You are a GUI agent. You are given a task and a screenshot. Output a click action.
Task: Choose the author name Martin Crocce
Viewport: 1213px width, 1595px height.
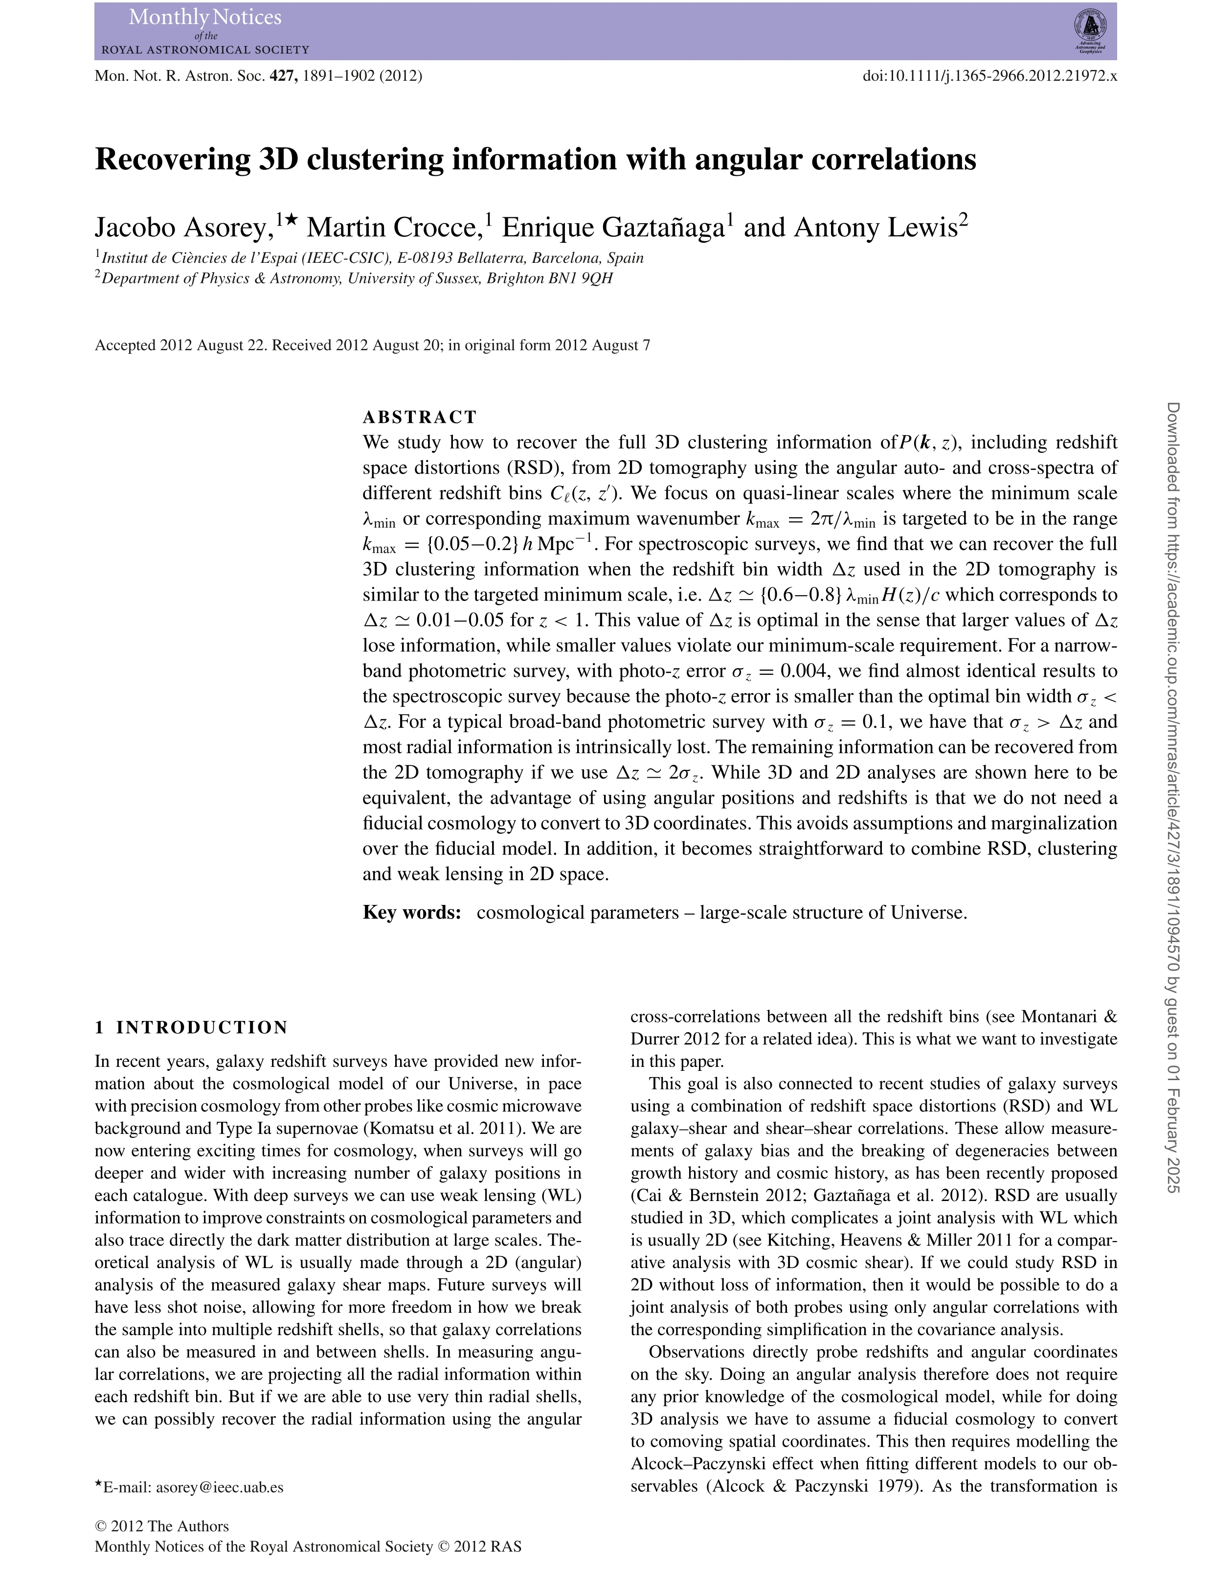pos(394,228)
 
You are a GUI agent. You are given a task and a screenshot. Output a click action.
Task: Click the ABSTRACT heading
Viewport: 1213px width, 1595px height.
pos(420,417)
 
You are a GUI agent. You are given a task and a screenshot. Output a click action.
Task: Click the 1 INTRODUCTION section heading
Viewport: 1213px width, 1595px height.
pos(191,1027)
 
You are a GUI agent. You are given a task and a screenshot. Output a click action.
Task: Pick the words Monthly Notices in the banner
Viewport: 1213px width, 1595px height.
pos(205,17)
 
